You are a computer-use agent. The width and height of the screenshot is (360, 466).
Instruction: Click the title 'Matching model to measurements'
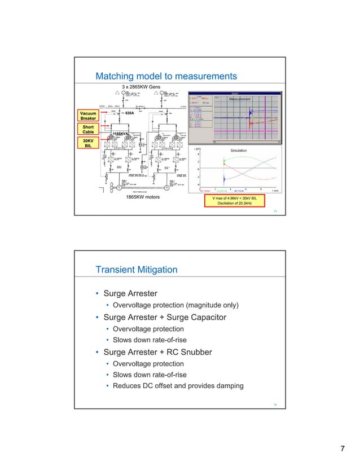(166, 76)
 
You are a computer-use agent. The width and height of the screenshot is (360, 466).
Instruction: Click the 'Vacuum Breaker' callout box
(87, 115)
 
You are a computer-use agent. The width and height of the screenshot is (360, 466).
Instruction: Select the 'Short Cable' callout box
(87, 129)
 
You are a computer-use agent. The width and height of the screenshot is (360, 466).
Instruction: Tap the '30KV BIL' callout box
(87, 143)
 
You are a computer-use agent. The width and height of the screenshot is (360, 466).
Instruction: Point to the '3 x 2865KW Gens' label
(142, 87)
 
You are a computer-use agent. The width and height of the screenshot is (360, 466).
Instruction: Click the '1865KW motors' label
(142, 198)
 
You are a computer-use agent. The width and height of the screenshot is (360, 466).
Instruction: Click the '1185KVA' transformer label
(122, 134)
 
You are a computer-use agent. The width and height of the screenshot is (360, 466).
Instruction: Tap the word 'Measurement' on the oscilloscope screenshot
(239, 99)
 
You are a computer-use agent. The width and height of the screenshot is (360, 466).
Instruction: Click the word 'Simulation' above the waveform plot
(240, 151)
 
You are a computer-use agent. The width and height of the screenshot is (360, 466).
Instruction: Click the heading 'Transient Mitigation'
(136, 270)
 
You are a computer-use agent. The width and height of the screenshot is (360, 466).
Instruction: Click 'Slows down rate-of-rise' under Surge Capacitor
(148, 340)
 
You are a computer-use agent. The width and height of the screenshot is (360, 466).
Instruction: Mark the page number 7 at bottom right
(342, 449)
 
